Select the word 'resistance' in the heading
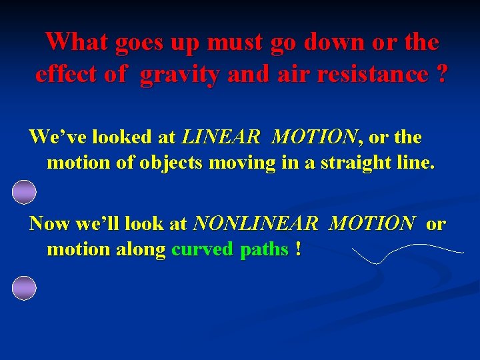[359, 74]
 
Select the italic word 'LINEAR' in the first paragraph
[221, 137]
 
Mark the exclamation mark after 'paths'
[297, 250]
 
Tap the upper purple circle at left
[24, 192]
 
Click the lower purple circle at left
[24, 287]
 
